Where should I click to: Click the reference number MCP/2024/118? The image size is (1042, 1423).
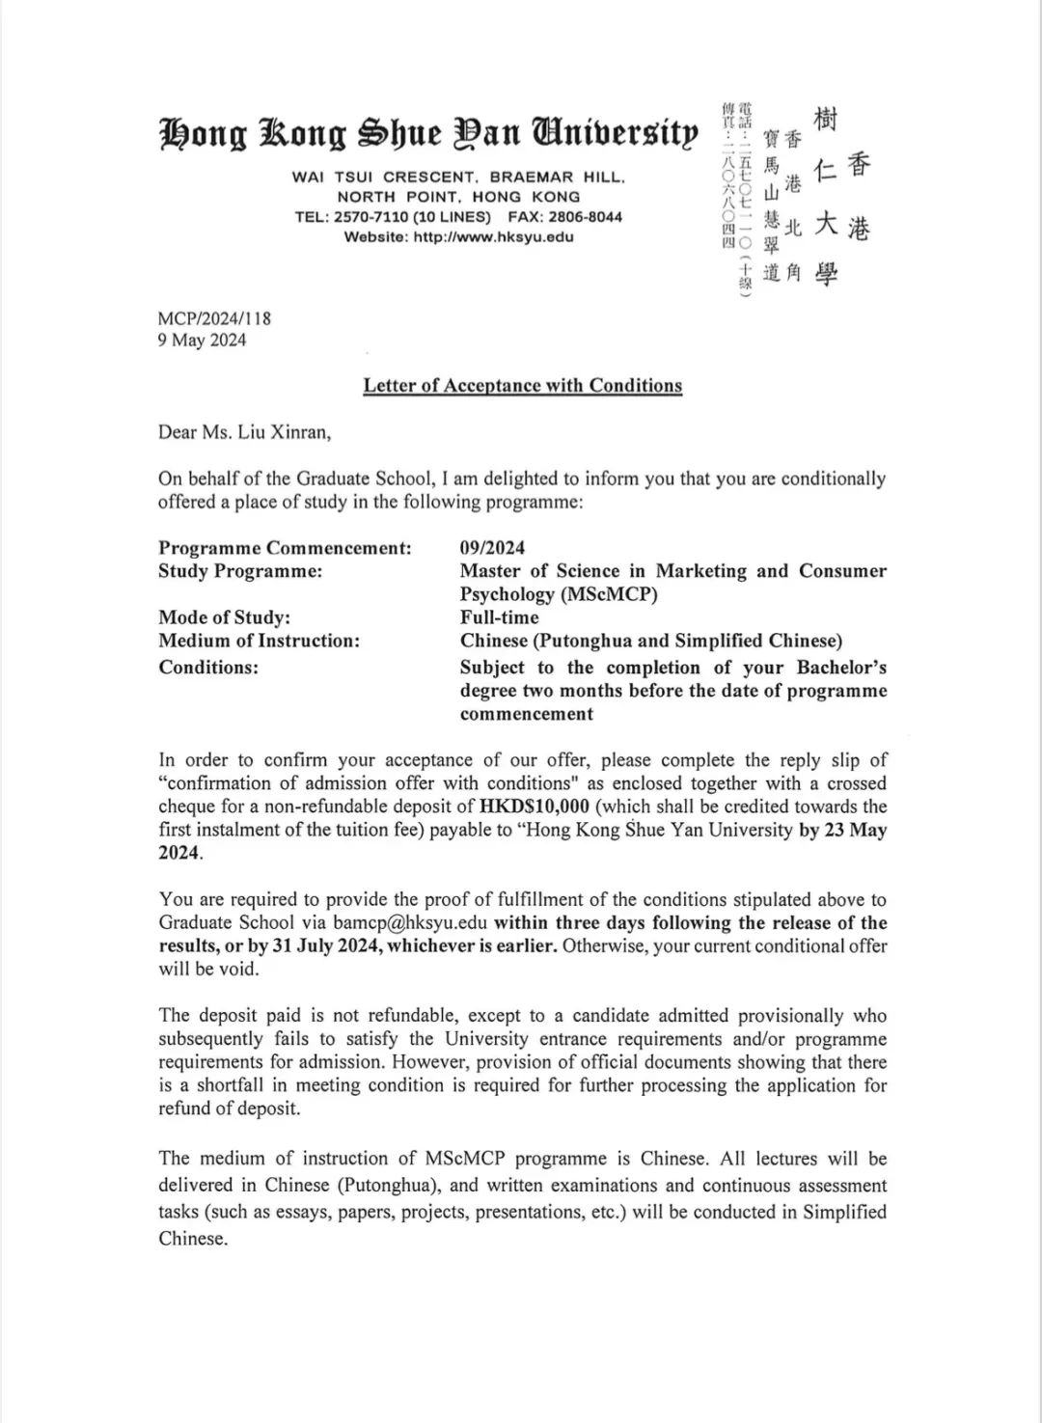[x=214, y=317]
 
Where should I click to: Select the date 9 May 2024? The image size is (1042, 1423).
[x=202, y=340]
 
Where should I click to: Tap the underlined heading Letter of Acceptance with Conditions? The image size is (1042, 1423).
[x=522, y=386]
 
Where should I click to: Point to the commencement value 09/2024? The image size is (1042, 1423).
[x=492, y=548]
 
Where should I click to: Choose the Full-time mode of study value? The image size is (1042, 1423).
[x=499, y=617]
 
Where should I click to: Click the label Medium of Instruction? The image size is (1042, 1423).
[x=259, y=641]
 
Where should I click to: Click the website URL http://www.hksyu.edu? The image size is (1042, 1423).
[x=493, y=237]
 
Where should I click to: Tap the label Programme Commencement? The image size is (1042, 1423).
[x=285, y=548]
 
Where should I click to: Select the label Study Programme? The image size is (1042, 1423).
[x=240, y=571]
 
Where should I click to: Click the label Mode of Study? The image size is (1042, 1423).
[x=224, y=617]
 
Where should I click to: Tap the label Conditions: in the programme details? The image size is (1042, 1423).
[x=208, y=668]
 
